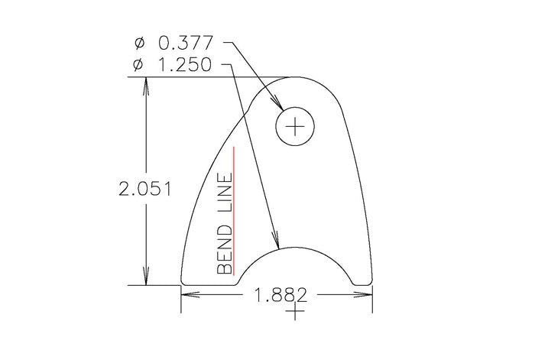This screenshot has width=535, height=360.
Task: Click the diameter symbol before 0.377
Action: (x=138, y=44)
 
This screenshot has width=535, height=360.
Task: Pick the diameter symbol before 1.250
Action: (x=138, y=66)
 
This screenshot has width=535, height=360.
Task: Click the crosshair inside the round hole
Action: (x=297, y=125)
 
